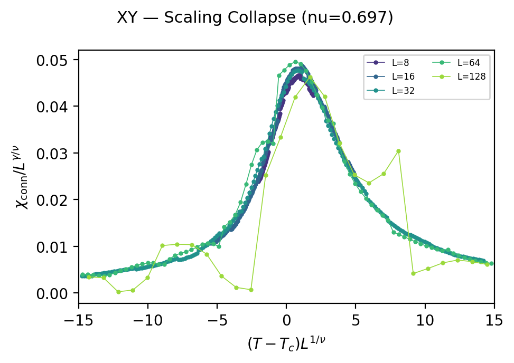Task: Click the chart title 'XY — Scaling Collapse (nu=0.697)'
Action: point(255,18)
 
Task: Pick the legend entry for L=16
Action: point(401,77)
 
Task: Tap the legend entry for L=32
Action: point(401,90)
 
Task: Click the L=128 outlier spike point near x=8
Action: point(398,151)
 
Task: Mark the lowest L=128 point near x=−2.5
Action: point(251,290)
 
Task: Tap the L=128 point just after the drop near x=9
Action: point(413,273)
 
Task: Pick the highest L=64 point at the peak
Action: point(296,62)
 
